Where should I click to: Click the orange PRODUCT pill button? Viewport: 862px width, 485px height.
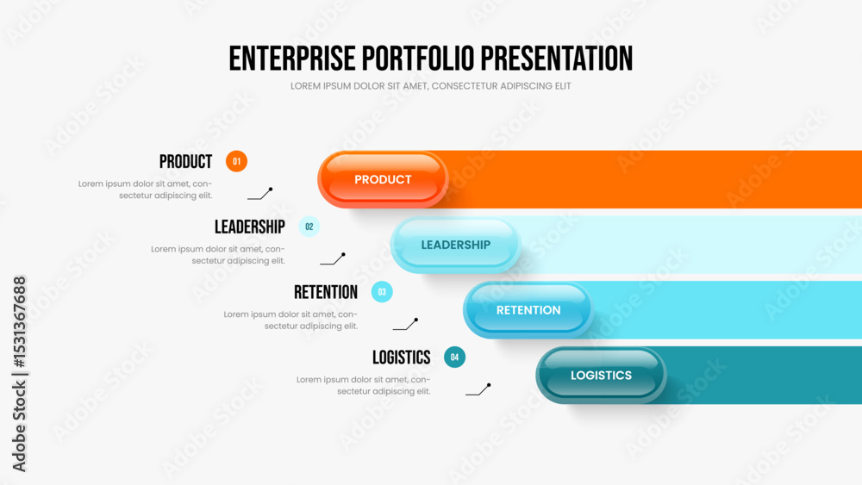[383, 179]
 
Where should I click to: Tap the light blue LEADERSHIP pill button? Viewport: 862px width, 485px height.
[456, 245]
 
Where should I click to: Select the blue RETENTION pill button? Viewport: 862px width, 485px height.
[528, 310]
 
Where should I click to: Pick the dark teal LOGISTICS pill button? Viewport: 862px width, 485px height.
[601, 375]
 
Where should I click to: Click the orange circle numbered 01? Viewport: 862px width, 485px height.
[236, 161]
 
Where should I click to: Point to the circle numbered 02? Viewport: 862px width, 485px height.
[309, 227]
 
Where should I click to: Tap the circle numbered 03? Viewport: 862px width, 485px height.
[382, 292]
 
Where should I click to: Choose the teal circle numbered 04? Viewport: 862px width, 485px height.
[454, 357]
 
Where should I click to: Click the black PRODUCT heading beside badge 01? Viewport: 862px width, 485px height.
[186, 161]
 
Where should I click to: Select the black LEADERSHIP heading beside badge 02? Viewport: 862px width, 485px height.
[250, 227]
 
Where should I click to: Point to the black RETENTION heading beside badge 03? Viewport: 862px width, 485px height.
[326, 292]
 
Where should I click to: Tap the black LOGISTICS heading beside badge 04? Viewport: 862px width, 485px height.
[402, 358]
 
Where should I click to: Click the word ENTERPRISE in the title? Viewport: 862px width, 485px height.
[292, 59]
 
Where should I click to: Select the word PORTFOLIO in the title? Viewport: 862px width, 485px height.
[418, 59]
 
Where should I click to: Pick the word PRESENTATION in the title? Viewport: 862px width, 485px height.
[557, 59]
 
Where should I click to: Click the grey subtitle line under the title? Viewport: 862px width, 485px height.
[430, 86]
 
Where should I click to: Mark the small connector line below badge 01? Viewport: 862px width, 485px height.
[260, 193]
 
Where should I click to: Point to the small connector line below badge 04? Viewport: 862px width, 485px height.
[478, 389]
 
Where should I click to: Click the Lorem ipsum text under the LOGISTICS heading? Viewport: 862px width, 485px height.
[364, 385]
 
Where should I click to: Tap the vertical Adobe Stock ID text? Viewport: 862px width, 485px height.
[19, 374]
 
